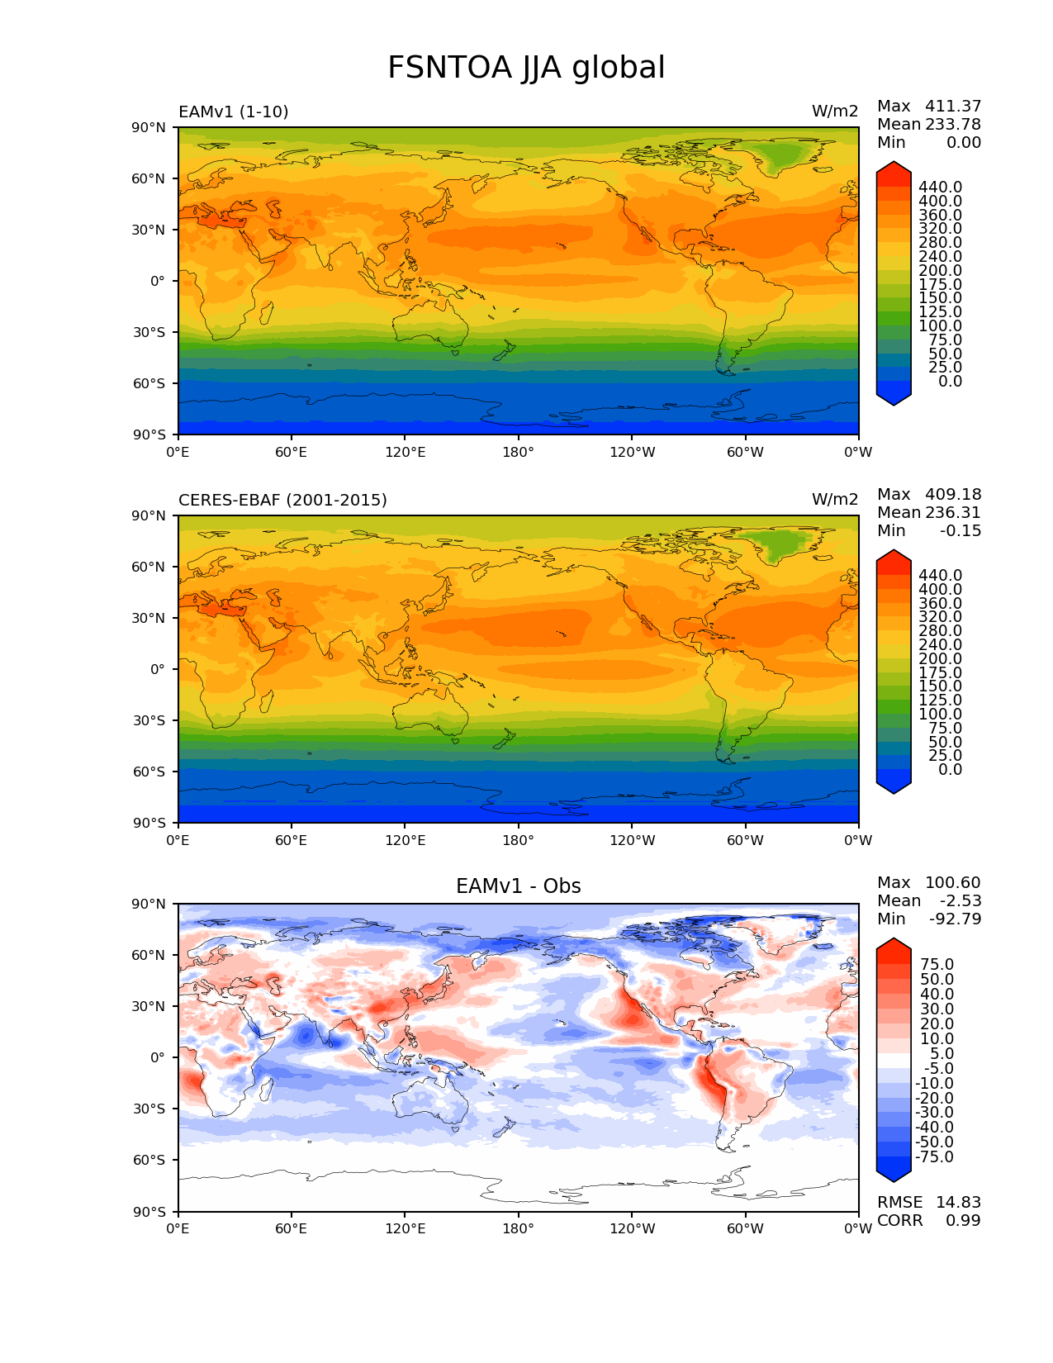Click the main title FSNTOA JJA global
(x=526, y=68)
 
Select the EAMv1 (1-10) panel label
(x=234, y=112)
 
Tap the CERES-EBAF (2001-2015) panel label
(x=282, y=501)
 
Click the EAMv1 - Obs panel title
(x=518, y=886)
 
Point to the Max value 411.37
(x=953, y=107)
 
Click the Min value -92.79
(x=956, y=919)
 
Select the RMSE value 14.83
(x=958, y=1203)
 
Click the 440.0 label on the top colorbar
(x=941, y=188)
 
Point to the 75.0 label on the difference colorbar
(x=937, y=965)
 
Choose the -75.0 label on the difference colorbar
(x=935, y=1157)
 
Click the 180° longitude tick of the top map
(x=518, y=453)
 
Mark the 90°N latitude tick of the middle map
(x=149, y=515)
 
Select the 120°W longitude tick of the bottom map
(x=633, y=1229)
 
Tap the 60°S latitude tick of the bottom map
(x=149, y=1161)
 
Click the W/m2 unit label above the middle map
(x=835, y=501)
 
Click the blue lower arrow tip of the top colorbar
(x=894, y=399)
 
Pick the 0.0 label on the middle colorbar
(x=950, y=770)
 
